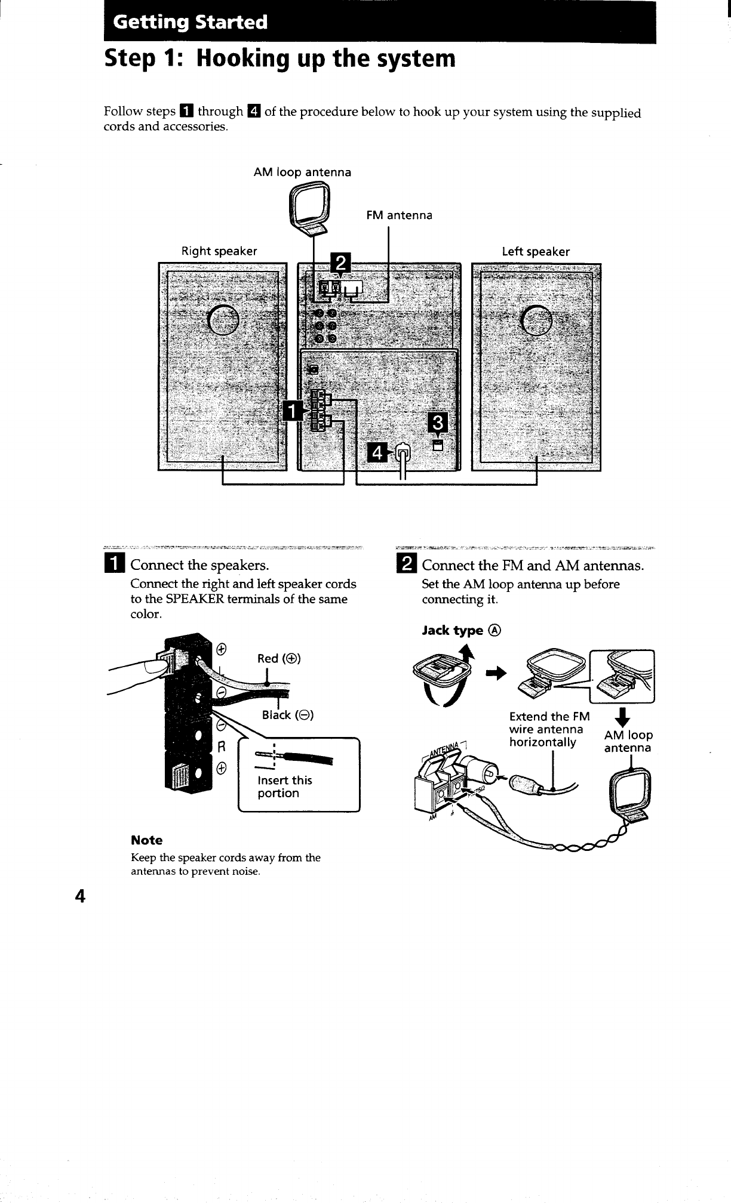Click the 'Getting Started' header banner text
[x=191, y=23]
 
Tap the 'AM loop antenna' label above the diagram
[x=302, y=172]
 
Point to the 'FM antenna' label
[x=399, y=215]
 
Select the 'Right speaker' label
[x=219, y=251]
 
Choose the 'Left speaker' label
[x=536, y=252]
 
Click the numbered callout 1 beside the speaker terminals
[x=292, y=411]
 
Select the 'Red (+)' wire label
[x=279, y=659]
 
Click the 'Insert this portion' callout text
[x=284, y=786]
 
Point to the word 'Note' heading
[x=146, y=840]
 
